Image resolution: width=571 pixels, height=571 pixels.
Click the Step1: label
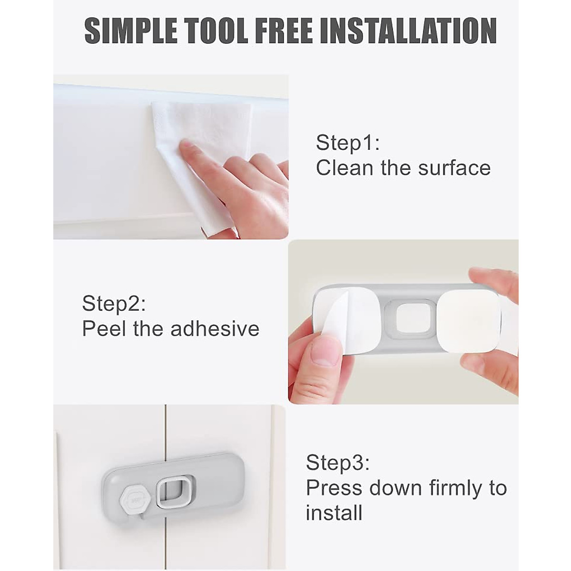pos(348,143)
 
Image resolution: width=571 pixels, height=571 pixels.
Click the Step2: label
pos(114,304)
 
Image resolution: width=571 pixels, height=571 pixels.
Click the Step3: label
pos(337,463)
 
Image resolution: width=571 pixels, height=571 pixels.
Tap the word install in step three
pos(334,513)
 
